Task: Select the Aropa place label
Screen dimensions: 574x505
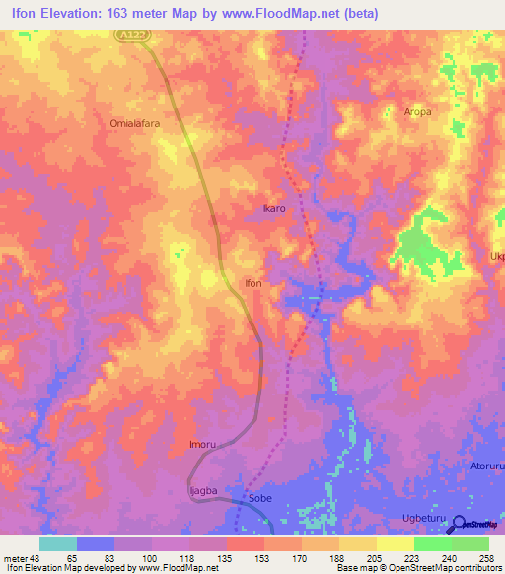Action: [417, 112]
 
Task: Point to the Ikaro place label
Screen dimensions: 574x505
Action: [274, 209]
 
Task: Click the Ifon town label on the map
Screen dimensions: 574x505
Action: [253, 283]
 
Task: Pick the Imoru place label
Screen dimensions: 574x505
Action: [202, 445]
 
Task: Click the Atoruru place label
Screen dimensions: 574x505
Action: [486, 466]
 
